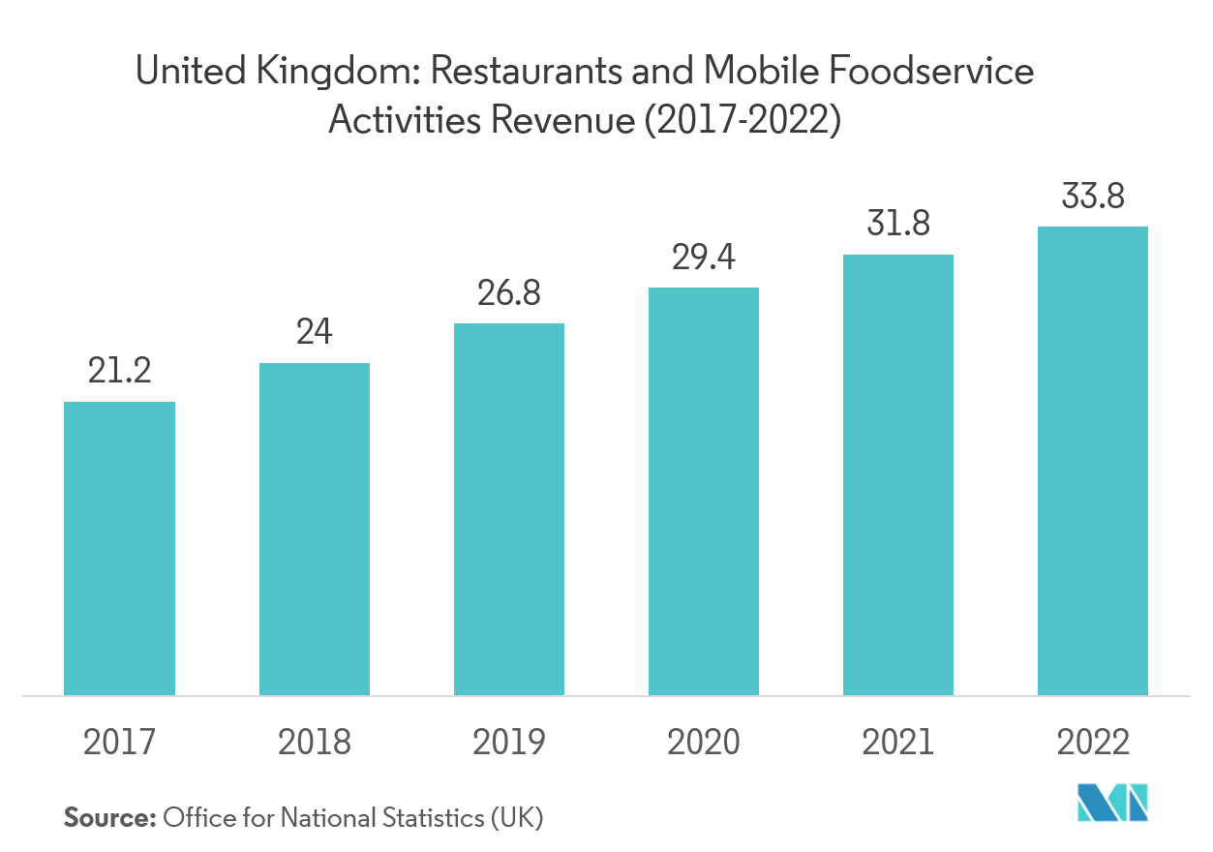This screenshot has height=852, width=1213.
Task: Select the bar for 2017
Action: click(119, 548)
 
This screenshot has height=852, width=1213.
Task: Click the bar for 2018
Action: click(314, 529)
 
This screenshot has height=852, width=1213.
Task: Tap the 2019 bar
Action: click(509, 508)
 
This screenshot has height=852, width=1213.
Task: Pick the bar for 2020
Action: click(704, 491)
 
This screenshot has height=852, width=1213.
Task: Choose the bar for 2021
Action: click(898, 474)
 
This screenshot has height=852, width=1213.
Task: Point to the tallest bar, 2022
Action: click(1093, 461)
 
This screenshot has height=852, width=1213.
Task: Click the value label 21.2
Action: click(119, 371)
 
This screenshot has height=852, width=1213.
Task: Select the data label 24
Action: click(314, 332)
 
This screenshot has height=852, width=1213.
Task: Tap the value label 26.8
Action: click(509, 292)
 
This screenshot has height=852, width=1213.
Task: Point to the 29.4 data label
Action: click(704, 257)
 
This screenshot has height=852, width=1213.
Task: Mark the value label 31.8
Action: click(898, 224)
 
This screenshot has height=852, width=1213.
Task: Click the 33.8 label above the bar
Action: click(1093, 196)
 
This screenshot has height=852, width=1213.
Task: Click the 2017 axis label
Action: click(119, 743)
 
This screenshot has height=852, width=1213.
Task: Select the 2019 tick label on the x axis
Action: click(509, 743)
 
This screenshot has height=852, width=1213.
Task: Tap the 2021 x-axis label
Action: click(898, 743)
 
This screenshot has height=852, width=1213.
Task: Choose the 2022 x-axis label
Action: click(1093, 743)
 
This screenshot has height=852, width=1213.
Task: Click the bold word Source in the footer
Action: click(109, 818)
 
